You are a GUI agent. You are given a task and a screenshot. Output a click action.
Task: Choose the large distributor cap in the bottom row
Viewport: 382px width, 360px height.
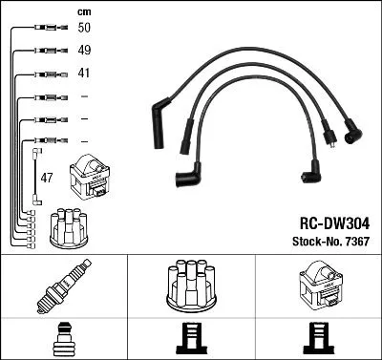pyautogui.click(x=192, y=284)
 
